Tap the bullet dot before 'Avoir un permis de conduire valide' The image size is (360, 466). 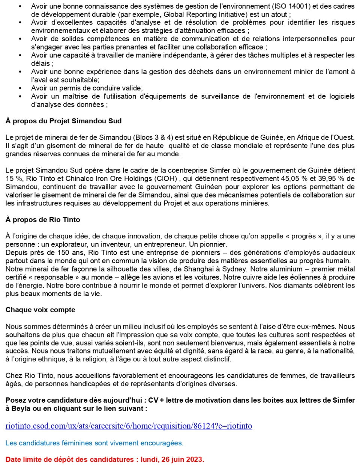pyautogui.click(x=20, y=88)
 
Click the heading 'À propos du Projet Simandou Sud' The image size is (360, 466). pyautogui.click(x=63, y=121)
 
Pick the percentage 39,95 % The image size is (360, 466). pyautogui.click(x=331, y=178)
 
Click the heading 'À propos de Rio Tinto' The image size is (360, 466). pyautogui.click(x=43, y=220)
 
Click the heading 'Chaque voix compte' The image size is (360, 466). pyautogui.click(x=40, y=310)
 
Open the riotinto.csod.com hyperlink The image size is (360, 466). pyautogui.click(x=129, y=426)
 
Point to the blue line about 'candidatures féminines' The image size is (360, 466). pyautogui.click(x=94, y=443)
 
